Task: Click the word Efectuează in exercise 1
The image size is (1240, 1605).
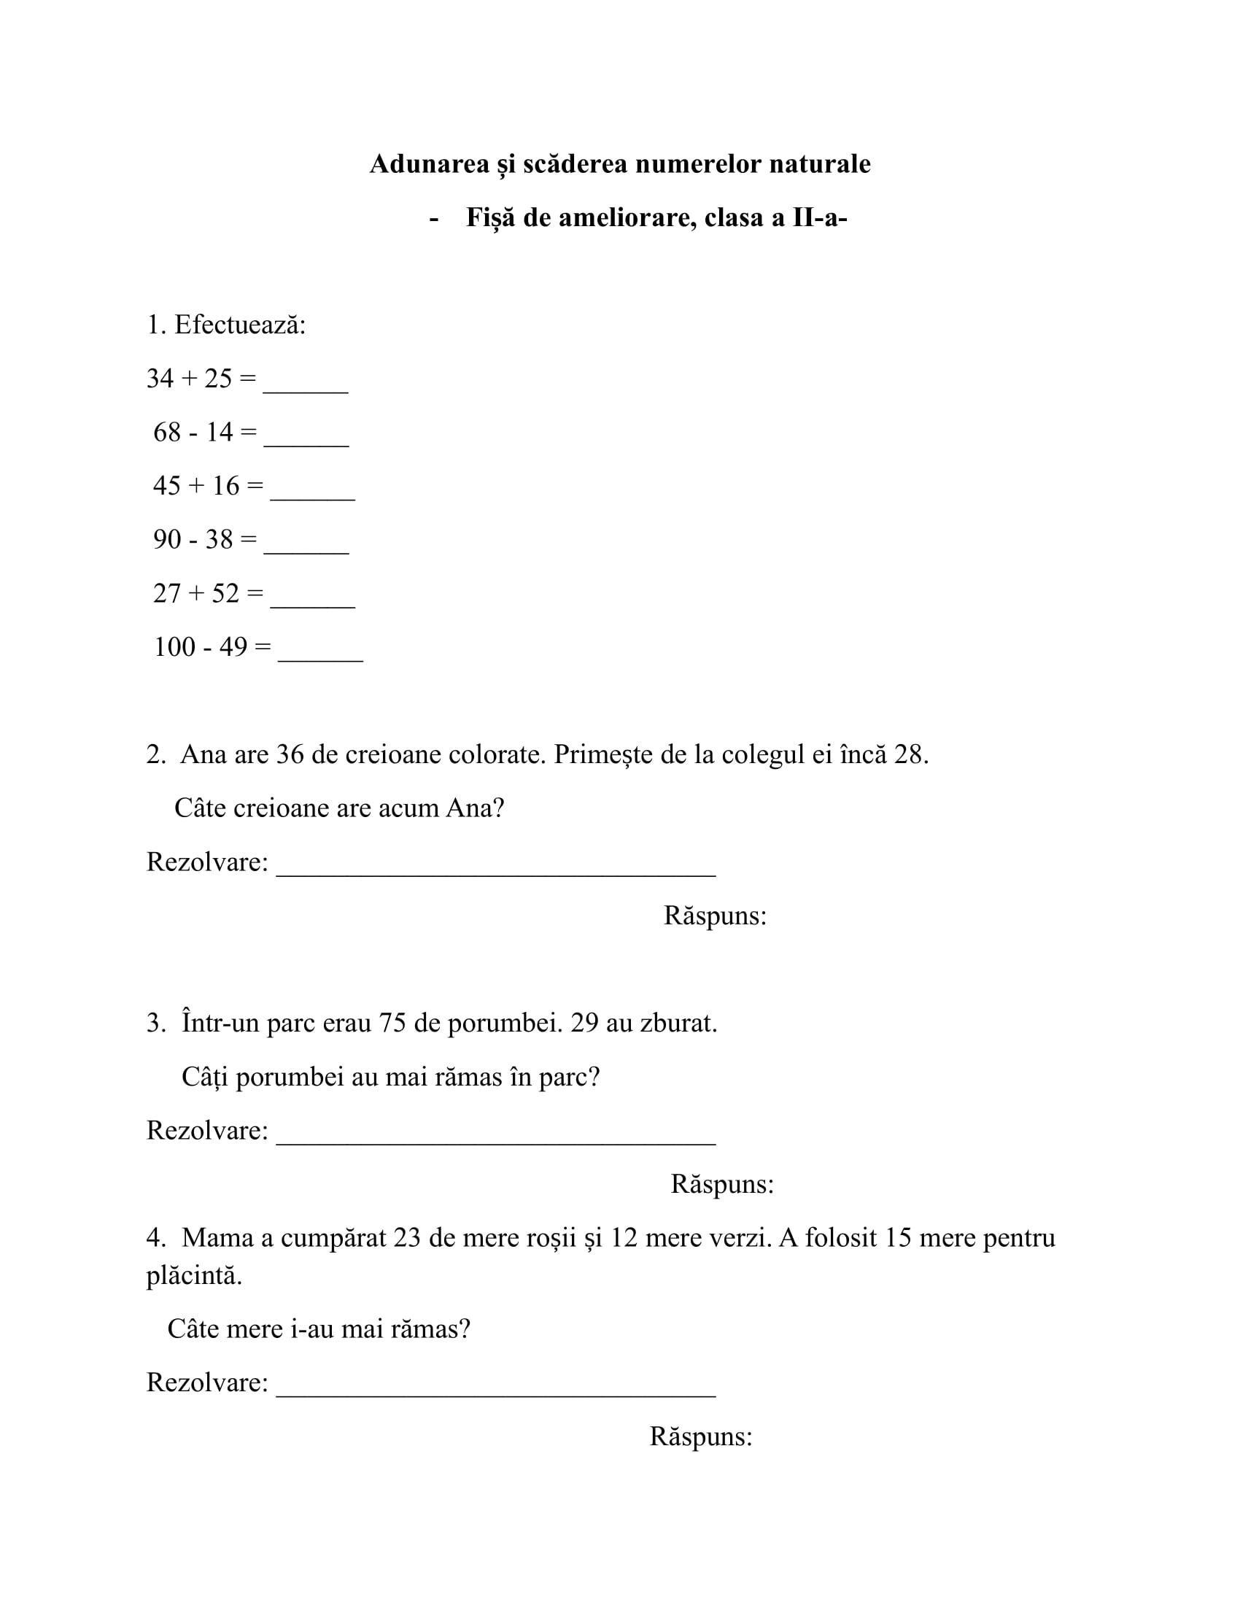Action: coord(239,325)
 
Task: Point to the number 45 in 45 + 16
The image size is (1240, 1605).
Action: coord(167,486)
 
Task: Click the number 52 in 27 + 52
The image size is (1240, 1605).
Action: coord(225,593)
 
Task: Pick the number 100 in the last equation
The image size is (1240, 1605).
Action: coord(175,646)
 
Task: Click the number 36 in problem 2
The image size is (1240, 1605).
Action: coord(290,755)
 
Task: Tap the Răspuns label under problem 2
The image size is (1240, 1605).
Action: coord(715,916)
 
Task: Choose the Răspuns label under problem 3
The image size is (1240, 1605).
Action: coord(722,1184)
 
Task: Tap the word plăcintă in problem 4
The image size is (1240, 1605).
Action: coord(194,1276)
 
